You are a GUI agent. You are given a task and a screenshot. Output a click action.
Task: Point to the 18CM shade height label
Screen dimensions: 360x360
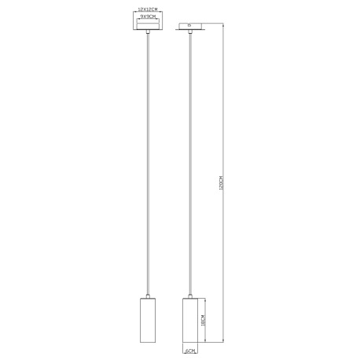pyautogui.click(x=203, y=320)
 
